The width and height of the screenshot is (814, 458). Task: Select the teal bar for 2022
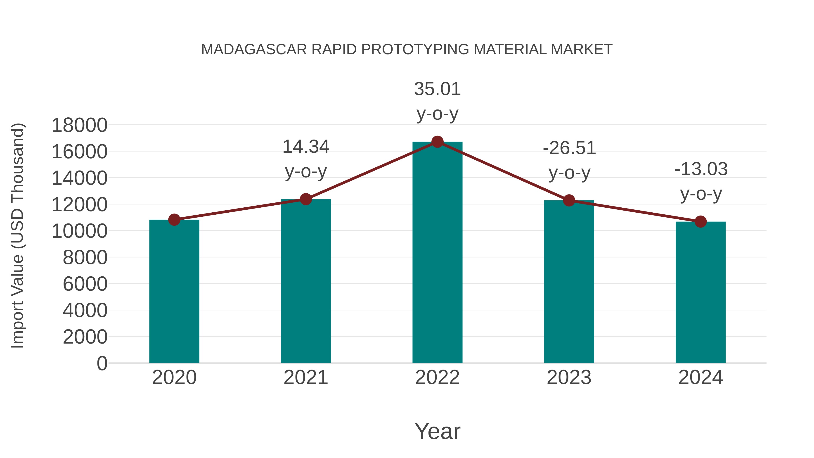437,253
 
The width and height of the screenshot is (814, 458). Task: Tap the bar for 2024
700,292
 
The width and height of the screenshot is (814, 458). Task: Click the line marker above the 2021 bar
305,199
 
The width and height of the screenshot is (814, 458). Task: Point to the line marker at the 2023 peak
569,200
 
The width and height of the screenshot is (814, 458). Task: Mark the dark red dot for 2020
174,220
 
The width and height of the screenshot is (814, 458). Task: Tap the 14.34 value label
305,159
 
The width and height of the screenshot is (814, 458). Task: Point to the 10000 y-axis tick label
79,231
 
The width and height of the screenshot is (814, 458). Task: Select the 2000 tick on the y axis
85,337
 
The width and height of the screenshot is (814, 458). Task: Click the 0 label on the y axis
102,363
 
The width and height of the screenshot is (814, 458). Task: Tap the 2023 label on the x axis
569,377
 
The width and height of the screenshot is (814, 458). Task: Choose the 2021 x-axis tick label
305,377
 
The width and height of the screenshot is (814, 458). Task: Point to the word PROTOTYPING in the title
415,50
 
